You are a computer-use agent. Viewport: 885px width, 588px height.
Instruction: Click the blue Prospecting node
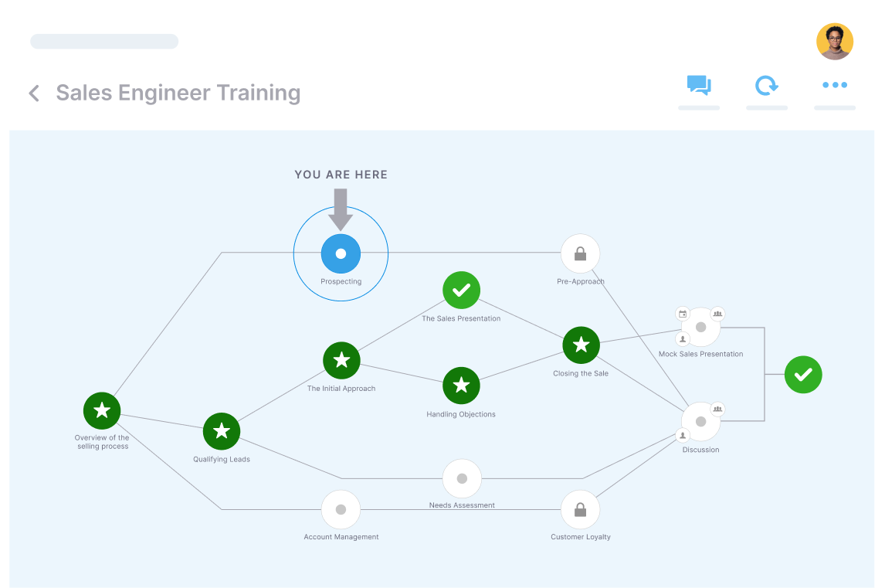[341, 253]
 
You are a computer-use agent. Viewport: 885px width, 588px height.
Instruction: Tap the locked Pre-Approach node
[580, 253]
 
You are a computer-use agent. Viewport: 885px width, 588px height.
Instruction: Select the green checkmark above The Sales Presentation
[461, 291]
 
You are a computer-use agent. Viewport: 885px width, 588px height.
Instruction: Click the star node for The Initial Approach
[341, 360]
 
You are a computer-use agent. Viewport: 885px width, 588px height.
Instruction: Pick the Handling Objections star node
[461, 386]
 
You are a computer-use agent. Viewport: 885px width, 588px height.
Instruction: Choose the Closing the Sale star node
[581, 345]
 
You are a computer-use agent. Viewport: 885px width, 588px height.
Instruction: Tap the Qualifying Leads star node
[222, 431]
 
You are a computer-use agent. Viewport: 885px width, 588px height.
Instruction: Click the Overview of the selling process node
[102, 410]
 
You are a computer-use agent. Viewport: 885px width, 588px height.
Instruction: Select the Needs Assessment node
[462, 478]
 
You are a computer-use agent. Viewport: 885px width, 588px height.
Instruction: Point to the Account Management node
[341, 510]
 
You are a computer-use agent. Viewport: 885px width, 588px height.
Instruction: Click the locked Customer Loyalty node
[580, 510]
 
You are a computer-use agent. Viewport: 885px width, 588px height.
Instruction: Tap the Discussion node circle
[700, 422]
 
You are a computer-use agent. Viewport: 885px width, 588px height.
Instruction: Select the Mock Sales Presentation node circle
[700, 327]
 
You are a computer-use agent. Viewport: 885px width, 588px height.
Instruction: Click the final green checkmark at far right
[803, 375]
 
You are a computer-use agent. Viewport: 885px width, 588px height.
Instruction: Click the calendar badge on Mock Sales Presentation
[683, 314]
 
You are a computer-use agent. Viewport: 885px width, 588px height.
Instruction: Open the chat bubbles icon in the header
[699, 85]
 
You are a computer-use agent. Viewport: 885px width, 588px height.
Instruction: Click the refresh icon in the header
[766, 85]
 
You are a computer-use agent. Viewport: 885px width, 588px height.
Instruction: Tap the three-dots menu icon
[835, 85]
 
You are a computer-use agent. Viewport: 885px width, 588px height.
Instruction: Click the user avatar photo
[835, 42]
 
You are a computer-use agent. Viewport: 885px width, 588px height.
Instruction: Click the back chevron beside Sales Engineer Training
[34, 93]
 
